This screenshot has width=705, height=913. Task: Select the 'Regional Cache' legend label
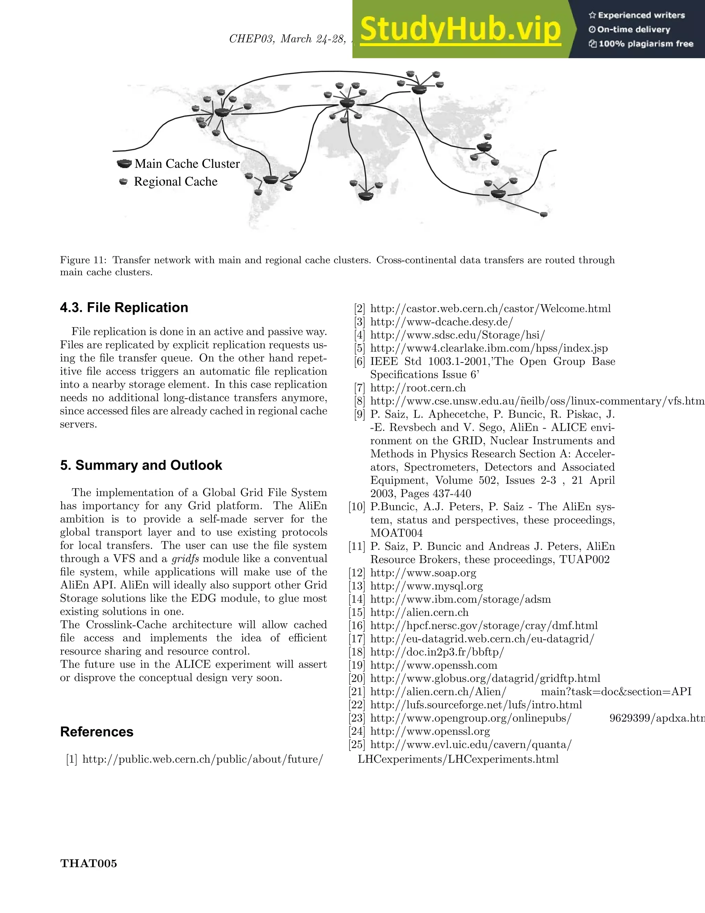pos(176,182)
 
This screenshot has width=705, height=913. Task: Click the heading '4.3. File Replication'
pos(124,307)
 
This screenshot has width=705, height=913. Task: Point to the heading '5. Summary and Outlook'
pos(141,465)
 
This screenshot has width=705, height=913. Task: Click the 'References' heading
pos(96,731)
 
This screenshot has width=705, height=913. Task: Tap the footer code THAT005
pos(88,863)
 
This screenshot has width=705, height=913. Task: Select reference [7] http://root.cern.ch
pos(418,388)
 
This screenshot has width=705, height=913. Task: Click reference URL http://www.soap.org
pos(423,572)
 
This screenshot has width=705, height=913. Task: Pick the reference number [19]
pos(357,665)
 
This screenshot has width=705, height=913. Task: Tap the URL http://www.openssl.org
pos(430,731)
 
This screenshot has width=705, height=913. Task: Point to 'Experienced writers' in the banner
pos(641,15)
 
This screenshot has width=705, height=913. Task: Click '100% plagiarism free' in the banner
pos(646,44)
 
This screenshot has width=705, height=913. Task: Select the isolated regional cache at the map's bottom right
pos(543,214)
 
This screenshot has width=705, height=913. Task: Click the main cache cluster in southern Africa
pos(366,196)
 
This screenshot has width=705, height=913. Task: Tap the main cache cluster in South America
pos(271,180)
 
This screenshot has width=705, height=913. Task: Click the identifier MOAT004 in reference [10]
pos(396,533)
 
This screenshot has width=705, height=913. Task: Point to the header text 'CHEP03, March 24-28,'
pos(288,39)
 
